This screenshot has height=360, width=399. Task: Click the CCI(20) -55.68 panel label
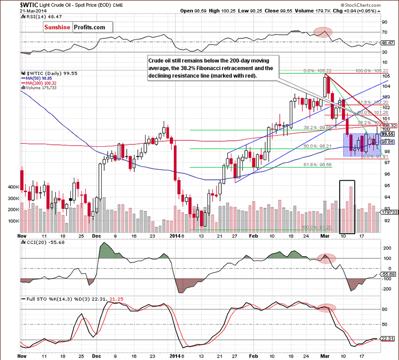click(40, 242)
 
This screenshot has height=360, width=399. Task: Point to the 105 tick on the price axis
click(386, 76)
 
